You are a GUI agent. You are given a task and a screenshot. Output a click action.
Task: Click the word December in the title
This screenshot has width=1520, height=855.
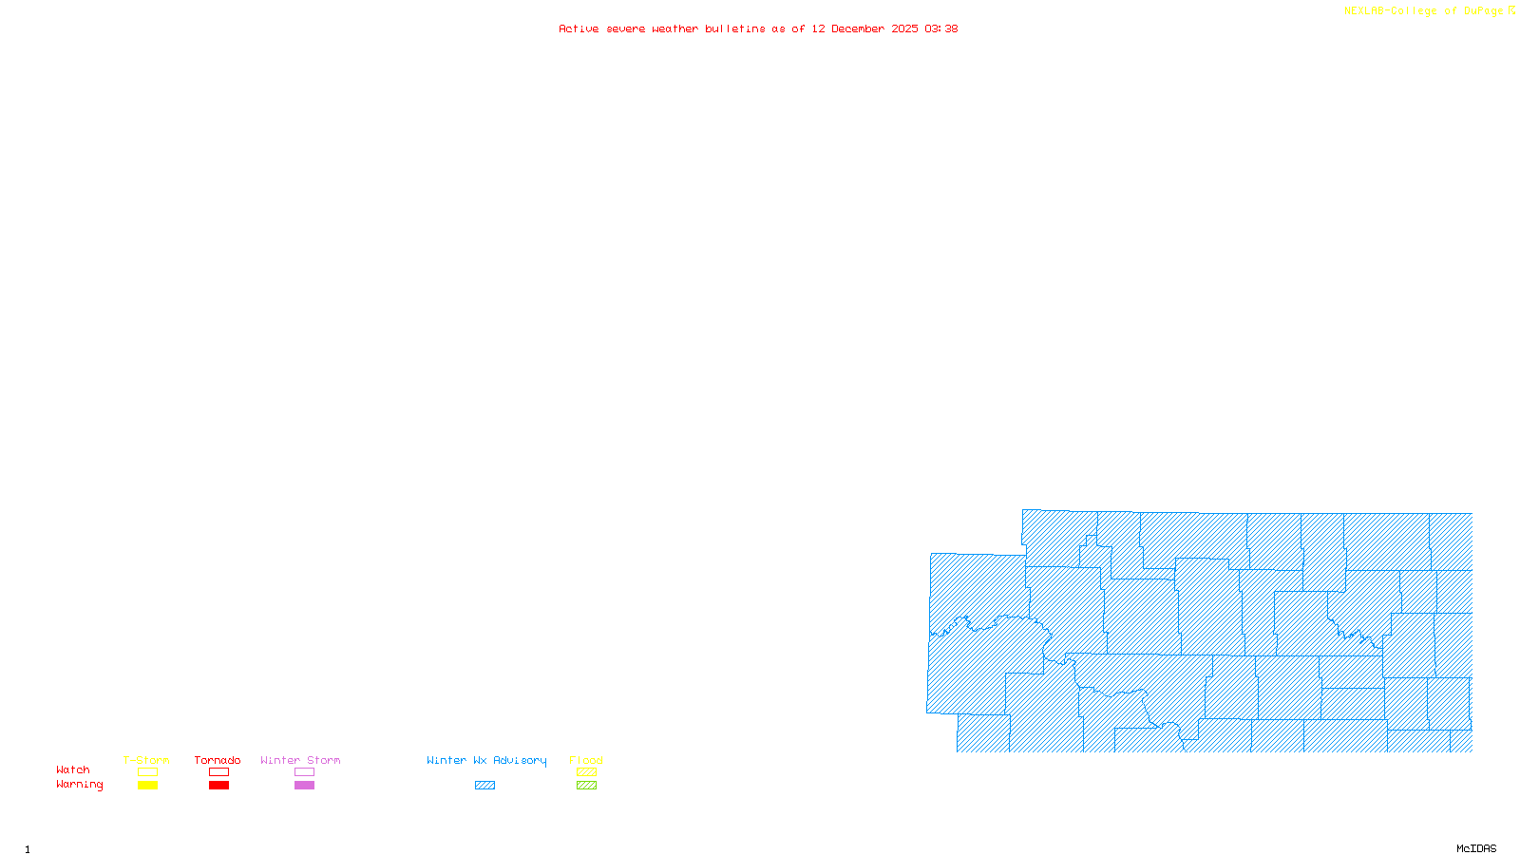pos(858,29)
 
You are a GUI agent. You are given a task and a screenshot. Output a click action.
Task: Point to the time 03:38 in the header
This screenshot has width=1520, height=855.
pos(940,29)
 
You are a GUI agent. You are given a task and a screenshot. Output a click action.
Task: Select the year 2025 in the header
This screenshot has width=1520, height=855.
pos(904,29)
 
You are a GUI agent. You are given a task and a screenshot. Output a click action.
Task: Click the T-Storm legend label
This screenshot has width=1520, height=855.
pos(146,760)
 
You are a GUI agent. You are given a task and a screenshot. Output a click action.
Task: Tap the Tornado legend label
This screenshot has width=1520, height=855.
pos(218,760)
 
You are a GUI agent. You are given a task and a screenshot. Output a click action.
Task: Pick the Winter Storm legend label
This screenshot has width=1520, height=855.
pos(300,760)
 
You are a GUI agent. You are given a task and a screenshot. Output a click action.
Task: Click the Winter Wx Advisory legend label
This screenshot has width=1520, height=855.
pos(486,760)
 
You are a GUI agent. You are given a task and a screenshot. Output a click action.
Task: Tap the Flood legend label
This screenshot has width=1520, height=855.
pos(586,760)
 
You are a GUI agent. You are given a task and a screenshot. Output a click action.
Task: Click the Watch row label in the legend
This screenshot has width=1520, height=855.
pos(73,769)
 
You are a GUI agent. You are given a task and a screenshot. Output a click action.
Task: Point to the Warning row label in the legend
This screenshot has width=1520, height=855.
pos(80,785)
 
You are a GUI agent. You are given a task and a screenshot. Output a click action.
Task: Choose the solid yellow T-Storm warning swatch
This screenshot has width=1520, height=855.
pos(147,786)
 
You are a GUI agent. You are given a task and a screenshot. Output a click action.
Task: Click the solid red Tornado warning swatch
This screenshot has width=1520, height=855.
pos(219,786)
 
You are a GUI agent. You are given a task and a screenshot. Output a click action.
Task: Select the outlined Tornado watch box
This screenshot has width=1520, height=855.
pos(219,772)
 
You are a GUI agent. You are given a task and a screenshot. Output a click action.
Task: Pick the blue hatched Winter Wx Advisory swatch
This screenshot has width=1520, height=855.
pos(485,786)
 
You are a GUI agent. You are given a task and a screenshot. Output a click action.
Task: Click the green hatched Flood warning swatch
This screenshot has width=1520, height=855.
pos(587,786)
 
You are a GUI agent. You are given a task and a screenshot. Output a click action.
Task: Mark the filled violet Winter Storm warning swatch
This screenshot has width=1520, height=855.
pos(304,786)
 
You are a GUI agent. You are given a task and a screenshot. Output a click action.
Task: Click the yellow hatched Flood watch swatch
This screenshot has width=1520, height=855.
pos(587,772)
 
